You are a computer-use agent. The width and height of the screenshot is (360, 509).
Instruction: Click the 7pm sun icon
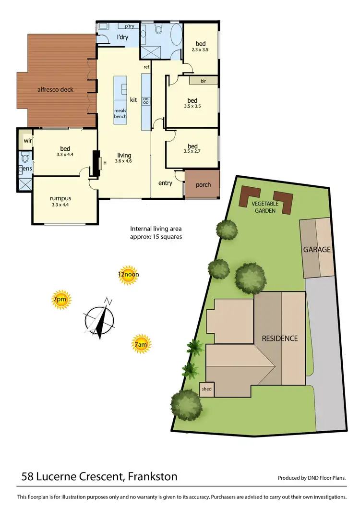[x=60, y=300]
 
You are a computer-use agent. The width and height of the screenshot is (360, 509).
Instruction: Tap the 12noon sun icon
[x=128, y=275]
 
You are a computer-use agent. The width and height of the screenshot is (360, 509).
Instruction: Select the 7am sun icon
[x=141, y=344]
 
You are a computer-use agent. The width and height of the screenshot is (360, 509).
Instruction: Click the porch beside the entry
[x=203, y=184]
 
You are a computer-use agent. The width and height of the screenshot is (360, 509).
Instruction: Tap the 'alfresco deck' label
[x=56, y=89]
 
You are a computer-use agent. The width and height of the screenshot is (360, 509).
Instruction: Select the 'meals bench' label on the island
[x=120, y=113]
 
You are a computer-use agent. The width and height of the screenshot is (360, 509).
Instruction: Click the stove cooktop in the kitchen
[x=146, y=101]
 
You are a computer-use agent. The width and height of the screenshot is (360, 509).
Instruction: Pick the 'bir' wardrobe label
[x=203, y=81]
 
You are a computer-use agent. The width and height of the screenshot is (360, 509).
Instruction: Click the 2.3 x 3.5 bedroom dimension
[x=200, y=49]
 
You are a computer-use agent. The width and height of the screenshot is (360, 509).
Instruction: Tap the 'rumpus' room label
[x=60, y=198]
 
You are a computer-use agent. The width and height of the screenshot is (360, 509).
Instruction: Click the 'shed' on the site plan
[x=207, y=389]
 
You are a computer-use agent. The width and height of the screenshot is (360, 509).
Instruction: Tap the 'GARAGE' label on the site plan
[x=316, y=250]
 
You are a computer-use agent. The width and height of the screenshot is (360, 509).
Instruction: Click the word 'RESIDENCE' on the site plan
[x=279, y=338]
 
